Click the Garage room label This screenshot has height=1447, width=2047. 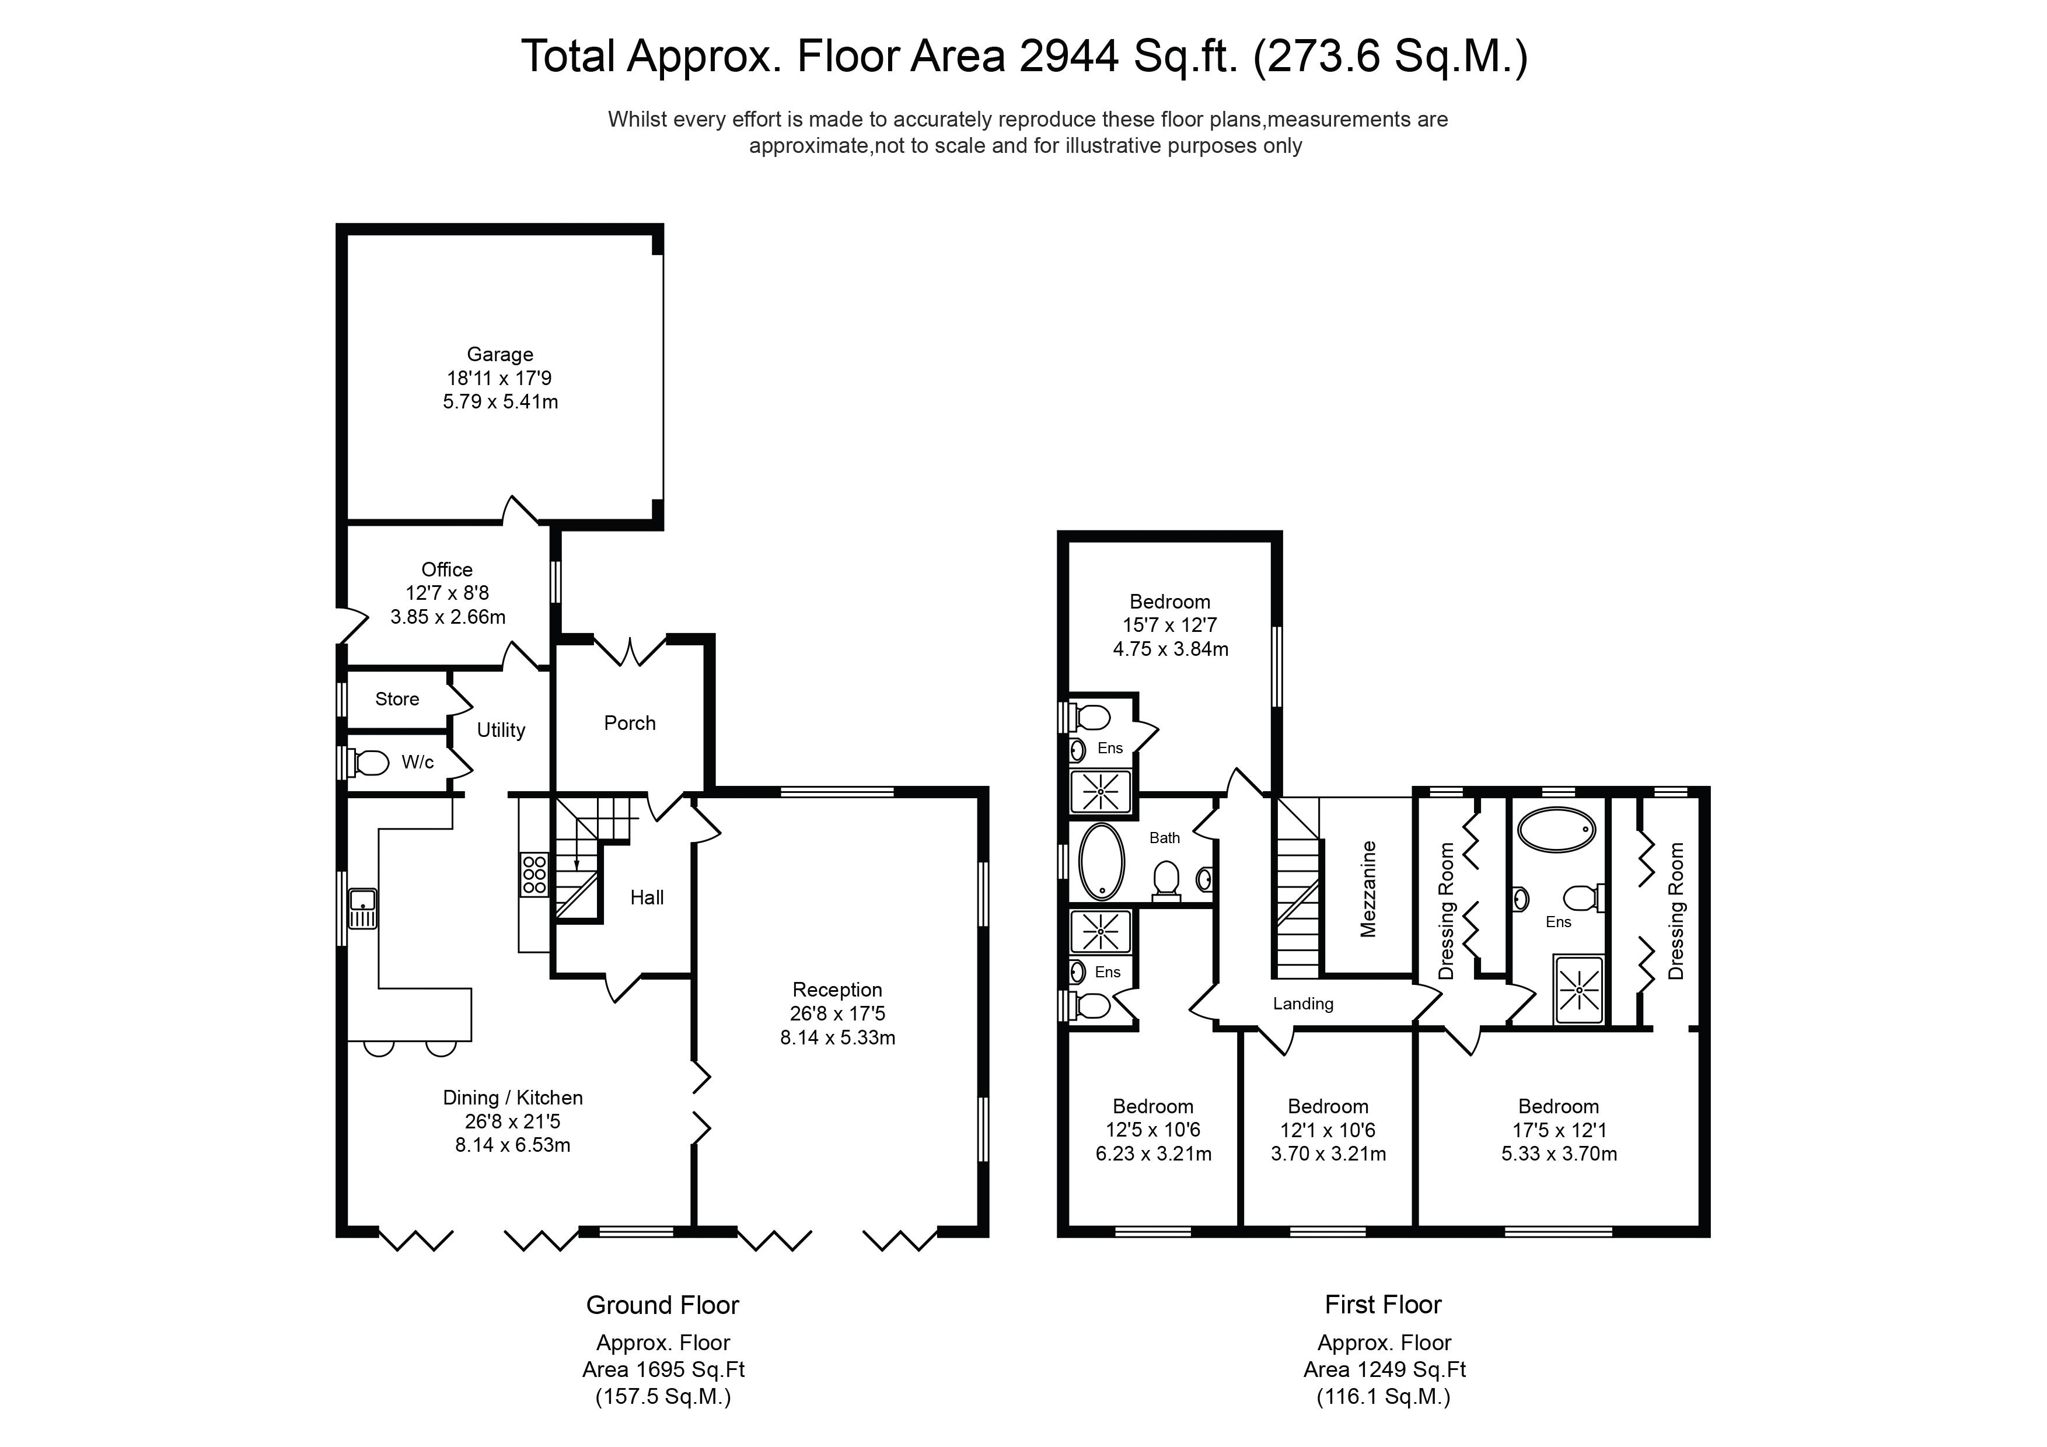[x=499, y=355]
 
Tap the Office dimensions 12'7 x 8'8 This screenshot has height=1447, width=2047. [x=446, y=593]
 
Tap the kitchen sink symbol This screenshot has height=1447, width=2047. [x=363, y=908]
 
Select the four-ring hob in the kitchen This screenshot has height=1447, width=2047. [x=534, y=876]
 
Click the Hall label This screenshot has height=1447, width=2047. [x=647, y=898]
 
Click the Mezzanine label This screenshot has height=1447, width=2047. [x=1368, y=889]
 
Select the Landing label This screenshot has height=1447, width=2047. [x=1302, y=1004]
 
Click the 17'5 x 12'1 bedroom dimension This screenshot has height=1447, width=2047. [x=1559, y=1131]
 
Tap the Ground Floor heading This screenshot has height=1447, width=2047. [x=662, y=1305]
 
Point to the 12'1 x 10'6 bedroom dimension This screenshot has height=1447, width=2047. [x=1328, y=1131]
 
